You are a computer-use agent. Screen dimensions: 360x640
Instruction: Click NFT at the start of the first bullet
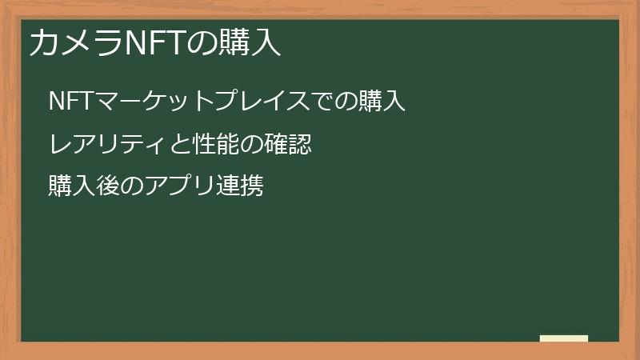(71, 102)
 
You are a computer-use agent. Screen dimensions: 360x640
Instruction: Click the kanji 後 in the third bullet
(107, 186)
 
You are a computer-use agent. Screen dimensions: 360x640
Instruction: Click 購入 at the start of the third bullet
(71, 186)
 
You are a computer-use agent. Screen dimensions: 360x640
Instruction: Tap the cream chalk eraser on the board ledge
(564, 338)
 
